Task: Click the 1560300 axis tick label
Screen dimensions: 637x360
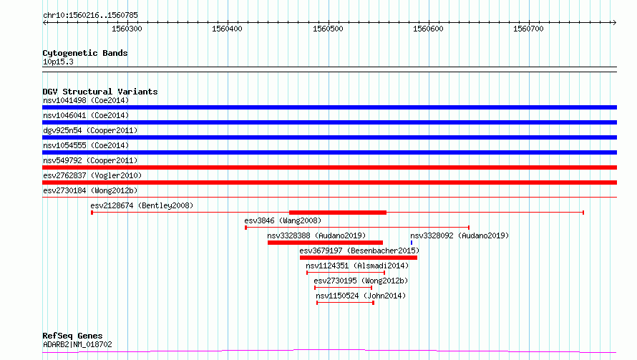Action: [127, 29]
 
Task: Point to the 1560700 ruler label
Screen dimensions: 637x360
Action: [528, 29]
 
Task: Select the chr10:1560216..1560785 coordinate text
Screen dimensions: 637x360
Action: [91, 16]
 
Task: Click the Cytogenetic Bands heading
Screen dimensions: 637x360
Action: [85, 53]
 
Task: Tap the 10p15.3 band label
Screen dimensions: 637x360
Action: [58, 62]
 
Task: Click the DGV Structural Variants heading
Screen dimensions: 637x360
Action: [100, 92]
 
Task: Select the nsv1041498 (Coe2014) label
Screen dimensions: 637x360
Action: [86, 100]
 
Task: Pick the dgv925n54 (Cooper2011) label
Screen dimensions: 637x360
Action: [90, 130]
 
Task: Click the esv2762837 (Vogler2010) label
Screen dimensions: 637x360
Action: [92, 175]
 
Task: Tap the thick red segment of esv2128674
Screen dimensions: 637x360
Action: [338, 213]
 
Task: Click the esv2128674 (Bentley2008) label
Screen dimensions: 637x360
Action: [142, 205]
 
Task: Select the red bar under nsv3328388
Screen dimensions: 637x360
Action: [325, 243]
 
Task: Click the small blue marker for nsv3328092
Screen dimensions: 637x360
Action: [412, 243]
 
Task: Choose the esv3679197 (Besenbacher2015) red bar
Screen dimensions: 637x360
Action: [359, 258]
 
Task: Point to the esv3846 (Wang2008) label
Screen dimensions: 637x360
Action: [283, 220]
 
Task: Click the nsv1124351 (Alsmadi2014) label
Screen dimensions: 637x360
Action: [357, 266]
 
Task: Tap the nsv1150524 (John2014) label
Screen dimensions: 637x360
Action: [361, 296]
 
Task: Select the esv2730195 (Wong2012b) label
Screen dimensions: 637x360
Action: [361, 281]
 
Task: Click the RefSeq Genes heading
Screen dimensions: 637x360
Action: [72, 336]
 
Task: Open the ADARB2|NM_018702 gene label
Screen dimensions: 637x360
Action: [77, 344]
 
